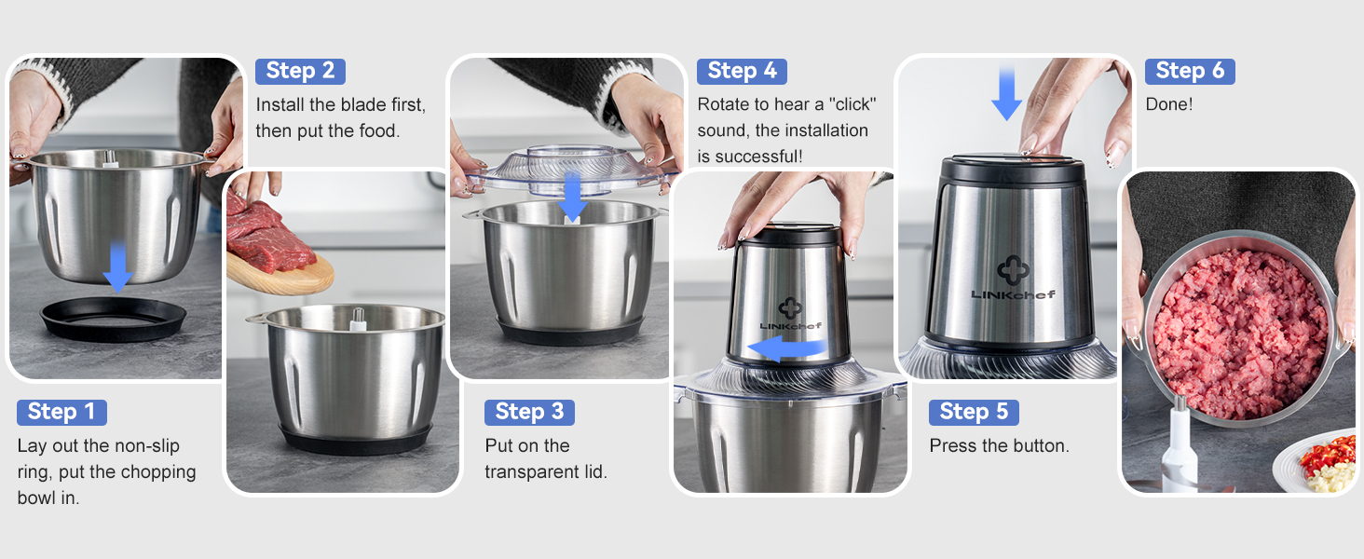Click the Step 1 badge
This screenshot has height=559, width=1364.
click(x=61, y=412)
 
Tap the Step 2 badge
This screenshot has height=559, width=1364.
click(x=300, y=71)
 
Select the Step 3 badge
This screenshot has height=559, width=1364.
click(x=529, y=412)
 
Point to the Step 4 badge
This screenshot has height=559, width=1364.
click(x=742, y=71)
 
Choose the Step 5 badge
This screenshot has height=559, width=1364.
click(x=974, y=412)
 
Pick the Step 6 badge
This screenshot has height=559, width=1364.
click(x=1190, y=71)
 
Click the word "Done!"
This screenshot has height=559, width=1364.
click(x=1168, y=104)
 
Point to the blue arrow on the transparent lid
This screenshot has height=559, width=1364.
click(x=573, y=197)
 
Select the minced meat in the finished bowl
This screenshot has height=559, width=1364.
click(x=1239, y=331)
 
